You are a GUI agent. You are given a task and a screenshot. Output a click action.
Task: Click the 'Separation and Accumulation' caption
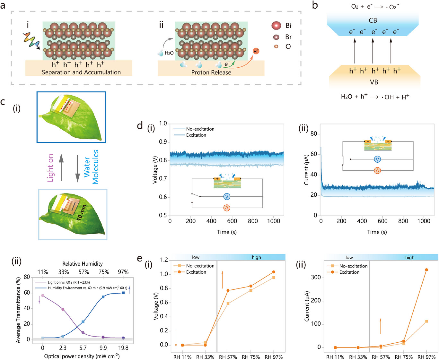(x=81, y=72)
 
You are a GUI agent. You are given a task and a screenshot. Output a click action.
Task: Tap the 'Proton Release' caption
(x=211, y=73)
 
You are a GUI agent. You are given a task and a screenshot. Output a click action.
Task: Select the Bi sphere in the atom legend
(x=276, y=25)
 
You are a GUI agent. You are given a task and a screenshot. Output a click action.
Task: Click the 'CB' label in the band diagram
(x=373, y=20)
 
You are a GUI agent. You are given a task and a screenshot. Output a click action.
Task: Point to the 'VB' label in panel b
(x=374, y=82)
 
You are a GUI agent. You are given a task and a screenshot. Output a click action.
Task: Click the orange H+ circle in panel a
(x=256, y=51)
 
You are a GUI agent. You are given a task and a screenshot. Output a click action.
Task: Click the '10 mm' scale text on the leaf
(x=82, y=212)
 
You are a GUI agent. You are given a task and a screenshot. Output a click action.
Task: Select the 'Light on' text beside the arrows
(x=50, y=168)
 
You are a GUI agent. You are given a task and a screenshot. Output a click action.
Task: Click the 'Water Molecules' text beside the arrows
(x=91, y=167)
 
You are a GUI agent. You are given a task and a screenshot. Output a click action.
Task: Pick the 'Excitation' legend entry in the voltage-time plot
(x=196, y=135)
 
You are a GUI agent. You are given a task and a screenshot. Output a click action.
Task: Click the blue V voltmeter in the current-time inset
(x=377, y=159)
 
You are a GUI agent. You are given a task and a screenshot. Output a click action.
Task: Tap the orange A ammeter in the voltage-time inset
(x=227, y=208)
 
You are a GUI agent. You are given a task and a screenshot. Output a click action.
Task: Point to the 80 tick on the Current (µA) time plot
(x=314, y=134)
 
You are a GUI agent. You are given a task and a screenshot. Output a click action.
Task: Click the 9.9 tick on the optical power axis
(x=103, y=348)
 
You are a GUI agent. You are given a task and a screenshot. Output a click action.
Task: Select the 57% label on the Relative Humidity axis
(x=84, y=272)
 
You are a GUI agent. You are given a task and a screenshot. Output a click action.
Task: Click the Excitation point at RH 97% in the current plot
(x=426, y=270)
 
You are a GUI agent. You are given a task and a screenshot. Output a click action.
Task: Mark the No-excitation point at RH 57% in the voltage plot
(x=228, y=304)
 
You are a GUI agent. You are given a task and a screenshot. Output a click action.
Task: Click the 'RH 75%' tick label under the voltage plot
(x=251, y=357)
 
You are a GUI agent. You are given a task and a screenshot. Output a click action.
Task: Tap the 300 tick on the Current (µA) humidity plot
(x=316, y=277)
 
